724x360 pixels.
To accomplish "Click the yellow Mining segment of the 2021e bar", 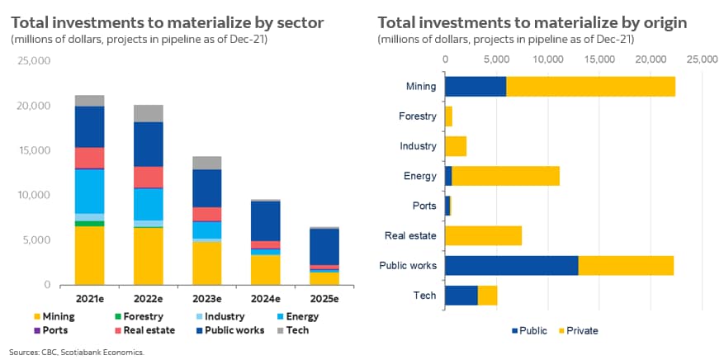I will (89, 255).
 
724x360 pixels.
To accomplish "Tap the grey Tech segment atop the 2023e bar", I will (207, 163).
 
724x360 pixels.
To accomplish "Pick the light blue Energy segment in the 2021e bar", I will (89, 191).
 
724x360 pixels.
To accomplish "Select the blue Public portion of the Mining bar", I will (476, 86).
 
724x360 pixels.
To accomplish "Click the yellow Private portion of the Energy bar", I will (506, 176).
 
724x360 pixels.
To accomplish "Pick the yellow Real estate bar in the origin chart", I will (484, 235).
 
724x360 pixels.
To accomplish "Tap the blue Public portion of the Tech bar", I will (461, 295).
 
